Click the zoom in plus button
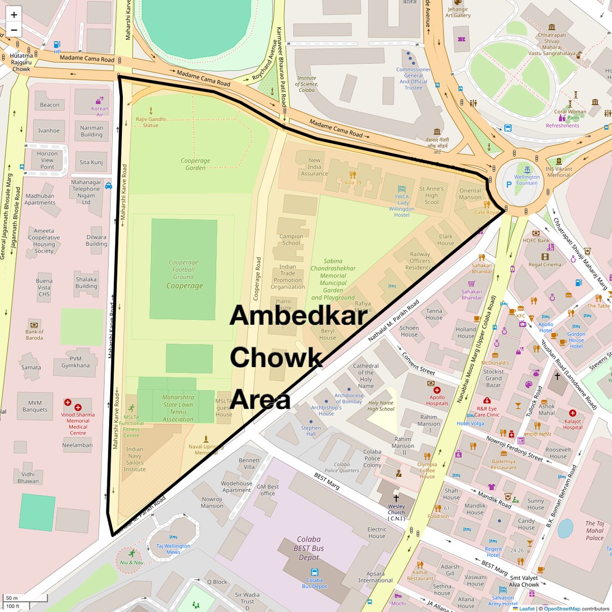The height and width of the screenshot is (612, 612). (14, 14)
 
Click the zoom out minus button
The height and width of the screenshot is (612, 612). (14, 30)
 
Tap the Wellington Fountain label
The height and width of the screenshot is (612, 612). (527, 180)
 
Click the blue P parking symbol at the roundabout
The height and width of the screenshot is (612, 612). (509, 185)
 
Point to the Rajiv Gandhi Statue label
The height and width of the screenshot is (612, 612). (151, 122)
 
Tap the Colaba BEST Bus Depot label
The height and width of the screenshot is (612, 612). (309, 548)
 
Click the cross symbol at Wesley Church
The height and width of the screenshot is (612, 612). (396, 498)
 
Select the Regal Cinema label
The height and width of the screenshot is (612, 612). (544, 264)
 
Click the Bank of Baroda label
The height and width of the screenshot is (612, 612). (34, 334)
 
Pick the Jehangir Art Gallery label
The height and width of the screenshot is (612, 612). (457, 12)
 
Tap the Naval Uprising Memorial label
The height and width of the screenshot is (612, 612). (206, 449)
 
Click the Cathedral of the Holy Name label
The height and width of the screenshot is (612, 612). (366, 375)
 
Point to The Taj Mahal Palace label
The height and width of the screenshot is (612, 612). (594, 530)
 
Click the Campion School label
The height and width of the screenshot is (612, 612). (291, 239)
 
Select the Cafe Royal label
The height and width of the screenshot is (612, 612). (486, 212)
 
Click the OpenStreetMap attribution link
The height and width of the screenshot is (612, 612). (562, 608)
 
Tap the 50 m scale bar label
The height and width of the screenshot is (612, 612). (12, 598)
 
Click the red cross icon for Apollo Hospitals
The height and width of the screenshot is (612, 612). (436, 390)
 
